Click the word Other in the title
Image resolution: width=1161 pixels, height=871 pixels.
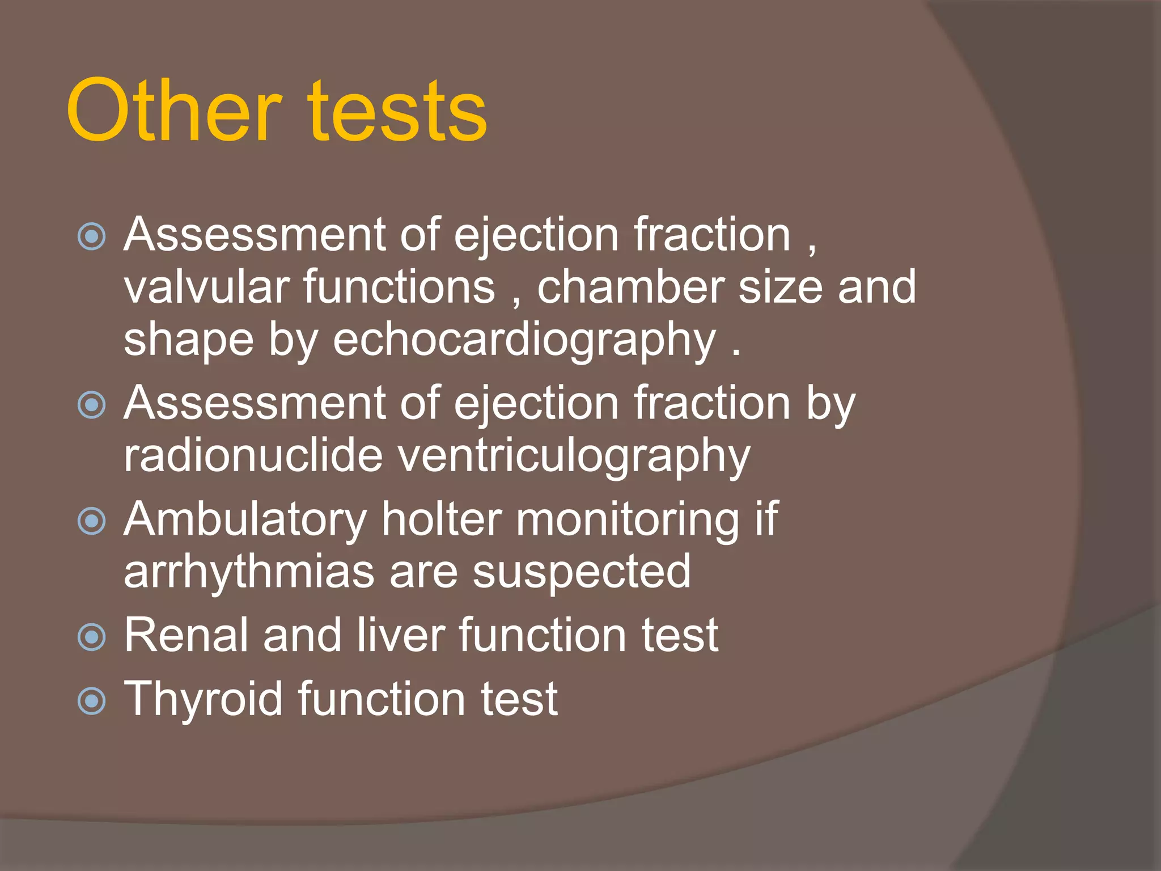point(173,111)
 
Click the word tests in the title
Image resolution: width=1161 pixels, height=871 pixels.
point(397,111)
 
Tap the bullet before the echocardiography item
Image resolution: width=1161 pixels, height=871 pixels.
point(92,236)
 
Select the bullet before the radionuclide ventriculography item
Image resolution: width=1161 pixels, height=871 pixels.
point(92,405)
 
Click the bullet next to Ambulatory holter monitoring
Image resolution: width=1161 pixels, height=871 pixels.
point(92,521)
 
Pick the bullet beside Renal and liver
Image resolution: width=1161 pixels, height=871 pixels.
point(92,637)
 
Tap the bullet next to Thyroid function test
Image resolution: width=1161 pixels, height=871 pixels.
point(92,701)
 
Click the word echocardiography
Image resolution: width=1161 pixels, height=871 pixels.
point(524,340)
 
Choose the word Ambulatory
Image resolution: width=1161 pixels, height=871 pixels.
point(245,520)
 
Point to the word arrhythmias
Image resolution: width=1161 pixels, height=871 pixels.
point(249,573)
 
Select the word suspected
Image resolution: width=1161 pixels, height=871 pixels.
point(582,573)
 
